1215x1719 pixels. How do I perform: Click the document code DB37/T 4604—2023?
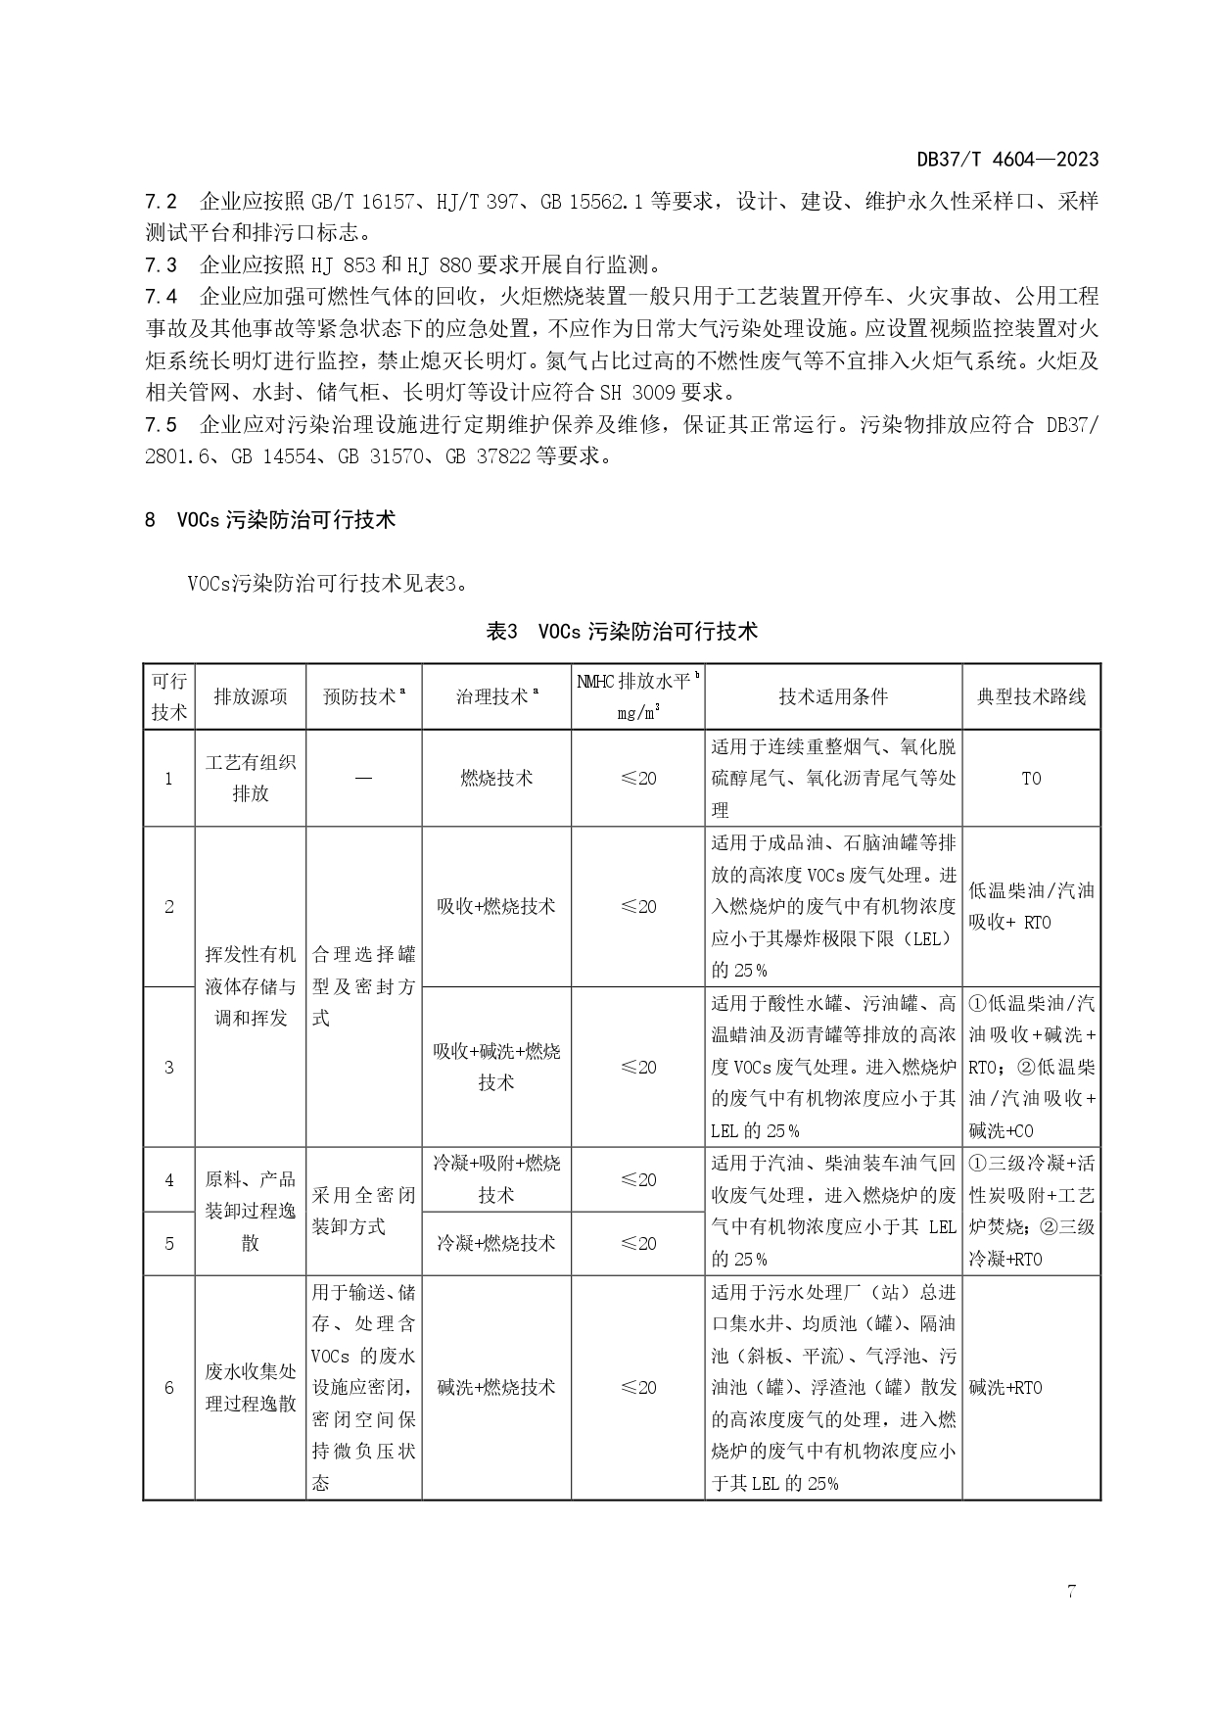click(1007, 159)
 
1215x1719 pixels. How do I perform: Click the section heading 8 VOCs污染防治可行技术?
click(270, 520)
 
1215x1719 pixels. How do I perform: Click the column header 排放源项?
click(251, 696)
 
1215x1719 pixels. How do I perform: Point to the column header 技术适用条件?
click(833, 696)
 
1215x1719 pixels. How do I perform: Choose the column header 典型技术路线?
click(1031, 696)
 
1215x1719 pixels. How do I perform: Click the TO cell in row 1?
click(1031, 779)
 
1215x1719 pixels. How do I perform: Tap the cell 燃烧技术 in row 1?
click(496, 779)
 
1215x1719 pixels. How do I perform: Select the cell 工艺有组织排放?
click(251, 779)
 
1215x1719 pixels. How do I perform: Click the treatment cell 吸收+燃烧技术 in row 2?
click(496, 907)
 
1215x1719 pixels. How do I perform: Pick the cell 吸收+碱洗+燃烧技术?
click(496, 1067)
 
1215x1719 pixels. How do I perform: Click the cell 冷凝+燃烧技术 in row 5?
click(496, 1244)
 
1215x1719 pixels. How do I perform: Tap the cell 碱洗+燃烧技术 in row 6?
click(496, 1388)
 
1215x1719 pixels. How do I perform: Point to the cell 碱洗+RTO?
click(1005, 1388)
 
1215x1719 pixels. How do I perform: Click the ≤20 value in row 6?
click(638, 1388)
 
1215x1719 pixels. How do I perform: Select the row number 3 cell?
click(169, 1067)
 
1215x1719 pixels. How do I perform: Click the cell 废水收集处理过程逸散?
click(251, 1388)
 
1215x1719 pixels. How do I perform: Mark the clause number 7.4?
click(161, 297)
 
